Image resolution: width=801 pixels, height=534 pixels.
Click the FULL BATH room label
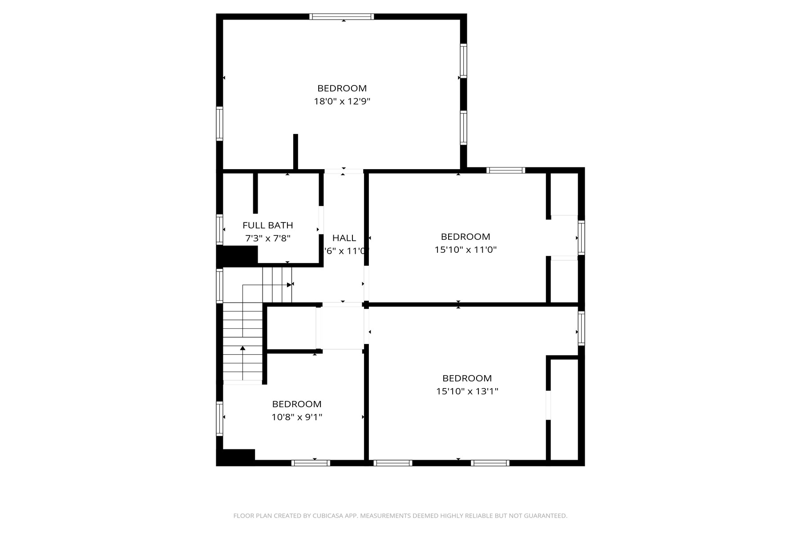point(267,225)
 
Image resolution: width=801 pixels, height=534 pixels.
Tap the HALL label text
point(344,238)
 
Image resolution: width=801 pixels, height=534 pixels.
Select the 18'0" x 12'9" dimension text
point(342,101)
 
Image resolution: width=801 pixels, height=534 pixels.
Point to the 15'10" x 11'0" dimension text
point(465,250)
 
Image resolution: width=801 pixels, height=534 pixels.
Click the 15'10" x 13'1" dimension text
point(467,391)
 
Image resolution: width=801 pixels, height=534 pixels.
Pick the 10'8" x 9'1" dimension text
point(297,417)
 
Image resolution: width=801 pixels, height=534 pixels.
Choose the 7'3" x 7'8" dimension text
point(267,239)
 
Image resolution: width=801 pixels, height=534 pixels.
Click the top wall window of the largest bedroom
point(341,17)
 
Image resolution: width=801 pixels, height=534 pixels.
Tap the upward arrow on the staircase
point(243,348)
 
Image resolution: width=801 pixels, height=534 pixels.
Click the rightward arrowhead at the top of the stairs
point(289,284)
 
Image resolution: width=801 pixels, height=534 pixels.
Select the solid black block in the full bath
point(237,255)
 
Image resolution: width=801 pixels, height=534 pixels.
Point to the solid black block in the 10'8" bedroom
point(236,457)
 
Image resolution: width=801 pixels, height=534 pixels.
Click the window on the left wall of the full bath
point(219,229)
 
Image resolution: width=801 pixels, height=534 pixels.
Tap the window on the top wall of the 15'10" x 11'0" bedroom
point(506,170)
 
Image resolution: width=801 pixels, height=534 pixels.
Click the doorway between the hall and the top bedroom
point(344,171)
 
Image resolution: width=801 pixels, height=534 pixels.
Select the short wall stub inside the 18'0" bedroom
point(295,151)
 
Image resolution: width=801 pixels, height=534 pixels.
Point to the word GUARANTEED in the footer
point(547,516)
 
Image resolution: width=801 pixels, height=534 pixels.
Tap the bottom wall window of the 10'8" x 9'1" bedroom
point(311,463)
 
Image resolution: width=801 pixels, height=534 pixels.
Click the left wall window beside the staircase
point(219,286)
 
